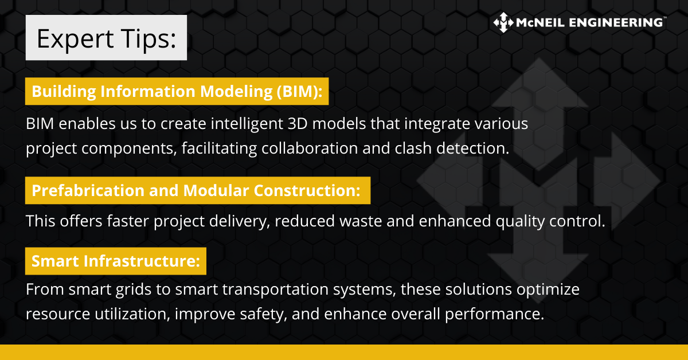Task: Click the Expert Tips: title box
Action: [x=106, y=38]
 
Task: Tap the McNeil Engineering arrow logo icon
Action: [x=503, y=22]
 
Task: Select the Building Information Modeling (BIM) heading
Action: [x=177, y=92]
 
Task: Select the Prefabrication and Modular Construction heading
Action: [x=197, y=191]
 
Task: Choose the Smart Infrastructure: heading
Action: [x=115, y=261]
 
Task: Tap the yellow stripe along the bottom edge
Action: [x=344, y=352]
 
